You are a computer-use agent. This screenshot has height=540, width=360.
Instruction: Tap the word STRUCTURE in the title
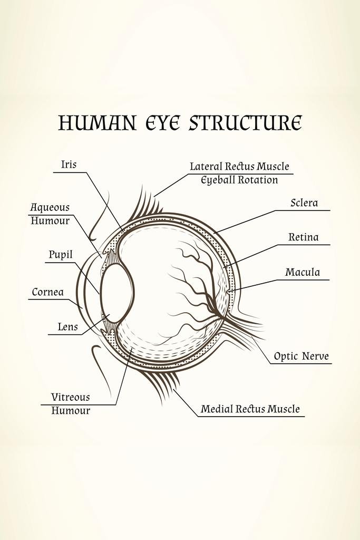coord(245,123)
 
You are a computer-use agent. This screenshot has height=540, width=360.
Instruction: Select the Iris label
coord(69,165)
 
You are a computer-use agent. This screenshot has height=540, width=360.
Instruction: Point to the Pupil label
coord(61,255)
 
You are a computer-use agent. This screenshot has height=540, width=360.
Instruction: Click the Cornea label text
coord(47,292)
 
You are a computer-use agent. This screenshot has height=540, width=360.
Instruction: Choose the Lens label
coord(67,327)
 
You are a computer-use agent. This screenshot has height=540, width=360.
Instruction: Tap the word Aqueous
coord(50,208)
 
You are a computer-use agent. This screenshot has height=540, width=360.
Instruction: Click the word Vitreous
coord(70,397)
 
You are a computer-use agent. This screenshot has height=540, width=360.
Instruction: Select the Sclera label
coord(304,203)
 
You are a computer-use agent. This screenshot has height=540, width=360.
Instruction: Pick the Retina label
coord(303,237)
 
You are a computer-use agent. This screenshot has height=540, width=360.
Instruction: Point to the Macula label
coord(303,273)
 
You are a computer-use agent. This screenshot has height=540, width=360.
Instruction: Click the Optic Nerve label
coord(301,356)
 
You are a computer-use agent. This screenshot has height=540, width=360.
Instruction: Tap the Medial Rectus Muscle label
coord(250,409)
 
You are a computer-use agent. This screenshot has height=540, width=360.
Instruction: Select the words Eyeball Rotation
coord(239,180)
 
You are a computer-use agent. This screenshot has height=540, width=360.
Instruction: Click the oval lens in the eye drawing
coord(116,292)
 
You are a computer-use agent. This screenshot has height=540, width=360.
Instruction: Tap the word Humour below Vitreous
coord(70,411)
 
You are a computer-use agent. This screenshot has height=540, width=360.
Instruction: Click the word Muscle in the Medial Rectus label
coord(284,409)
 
